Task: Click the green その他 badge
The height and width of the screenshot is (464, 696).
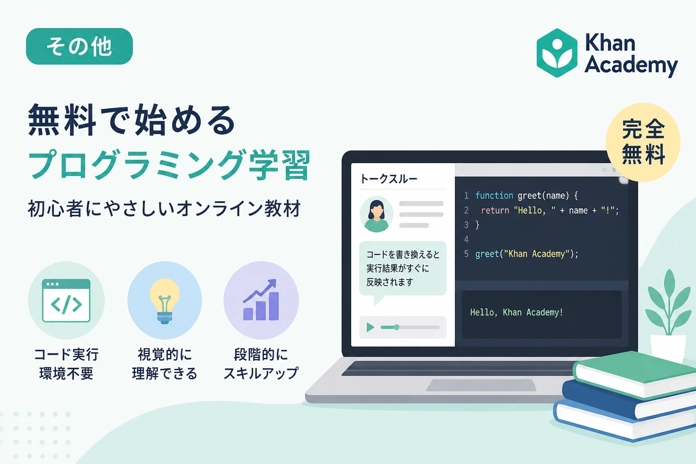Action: (79, 46)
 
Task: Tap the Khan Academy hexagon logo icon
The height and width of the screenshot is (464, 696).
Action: (557, 53)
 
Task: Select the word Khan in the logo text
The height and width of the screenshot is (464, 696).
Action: (610, 43)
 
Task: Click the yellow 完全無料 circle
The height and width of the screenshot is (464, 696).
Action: (643, 142)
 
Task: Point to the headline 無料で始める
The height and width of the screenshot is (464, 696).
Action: (132, 120)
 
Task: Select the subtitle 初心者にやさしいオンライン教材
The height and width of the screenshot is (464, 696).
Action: (164, 208)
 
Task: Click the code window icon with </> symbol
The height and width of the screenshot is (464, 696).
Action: (66, 300)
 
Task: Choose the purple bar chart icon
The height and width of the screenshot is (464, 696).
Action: (261, 300)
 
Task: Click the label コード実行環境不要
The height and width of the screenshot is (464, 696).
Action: (66, 363)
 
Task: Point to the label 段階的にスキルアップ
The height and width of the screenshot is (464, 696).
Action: (261, 363)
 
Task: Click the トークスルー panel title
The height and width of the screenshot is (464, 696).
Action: (388, 179)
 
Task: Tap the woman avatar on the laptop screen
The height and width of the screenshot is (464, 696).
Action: (376, 214)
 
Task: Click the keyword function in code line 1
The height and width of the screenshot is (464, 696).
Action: (494, 195)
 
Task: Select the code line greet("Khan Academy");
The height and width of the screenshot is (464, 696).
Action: (527, 254)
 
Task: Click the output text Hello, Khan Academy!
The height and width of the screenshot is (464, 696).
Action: (517, 312)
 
